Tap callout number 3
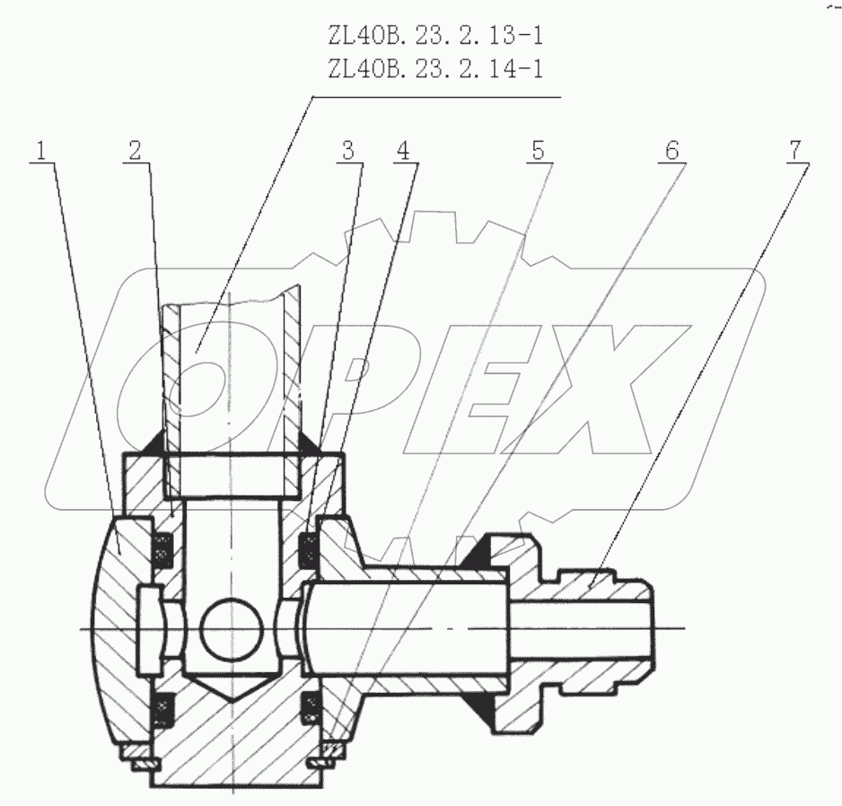point(350,151)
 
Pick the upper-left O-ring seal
point(163,549)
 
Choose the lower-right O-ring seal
point(309,705)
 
